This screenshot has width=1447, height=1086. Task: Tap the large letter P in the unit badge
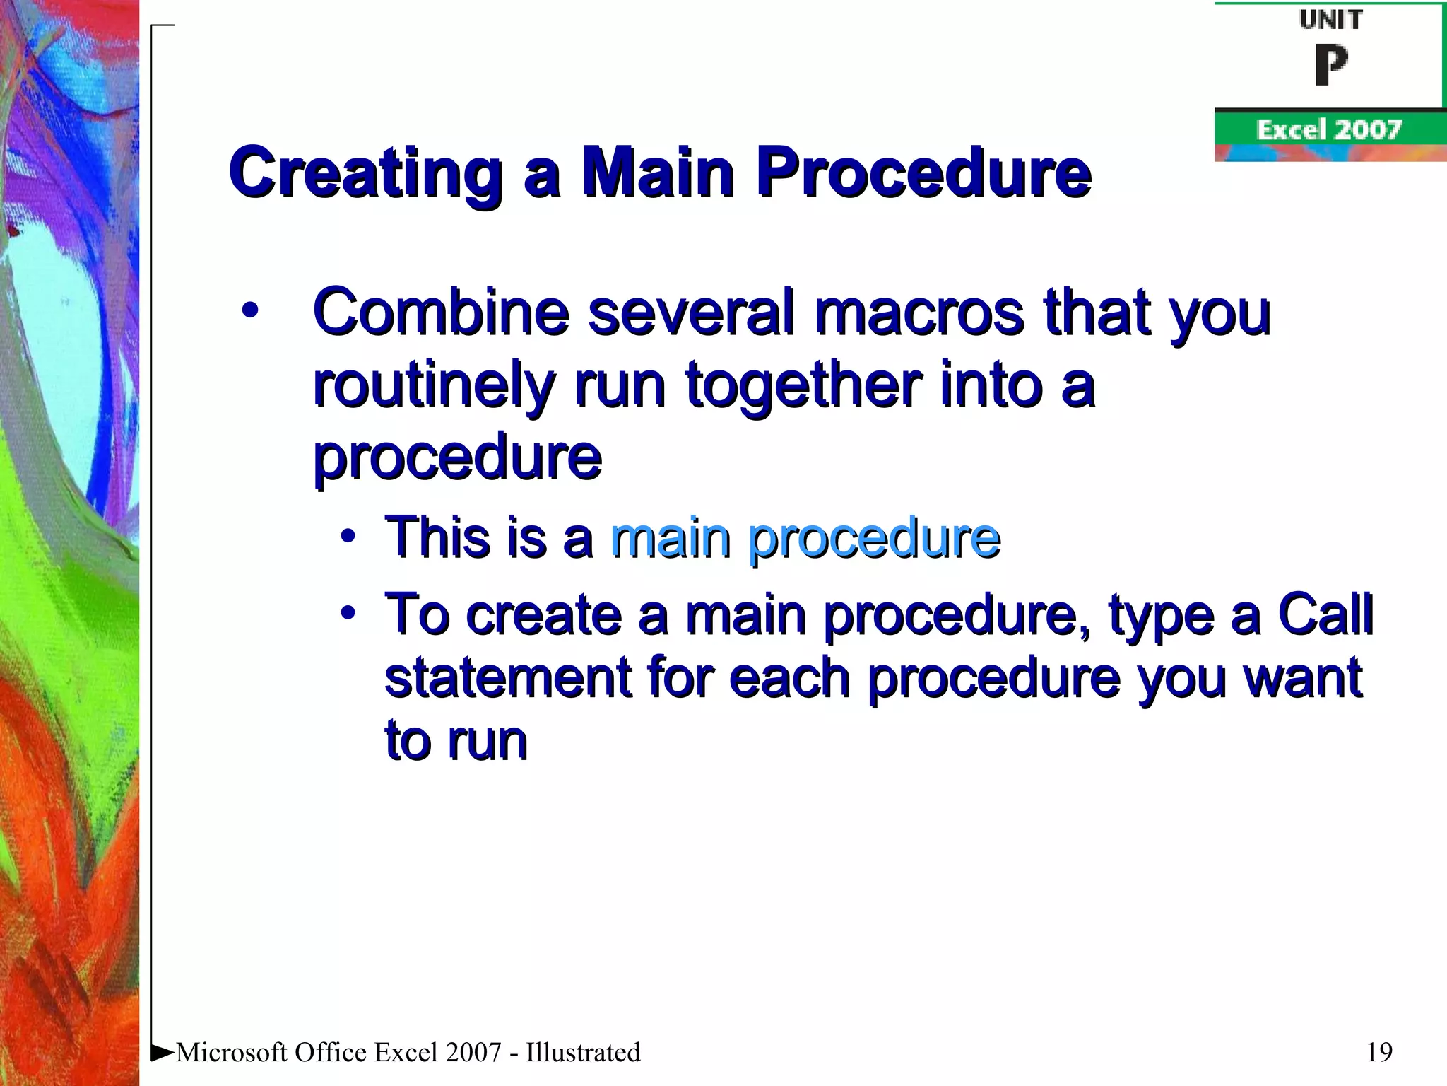point(1331,65)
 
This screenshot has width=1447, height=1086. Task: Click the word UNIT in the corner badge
point(1330,20)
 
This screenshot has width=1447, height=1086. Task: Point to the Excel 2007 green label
point(1328,130)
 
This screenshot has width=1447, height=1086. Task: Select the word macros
point(919,312)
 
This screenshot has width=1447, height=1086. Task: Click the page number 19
point(1379,1052)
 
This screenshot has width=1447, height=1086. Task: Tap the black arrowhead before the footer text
point(163,1051)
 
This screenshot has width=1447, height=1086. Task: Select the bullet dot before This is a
point(347,537)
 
